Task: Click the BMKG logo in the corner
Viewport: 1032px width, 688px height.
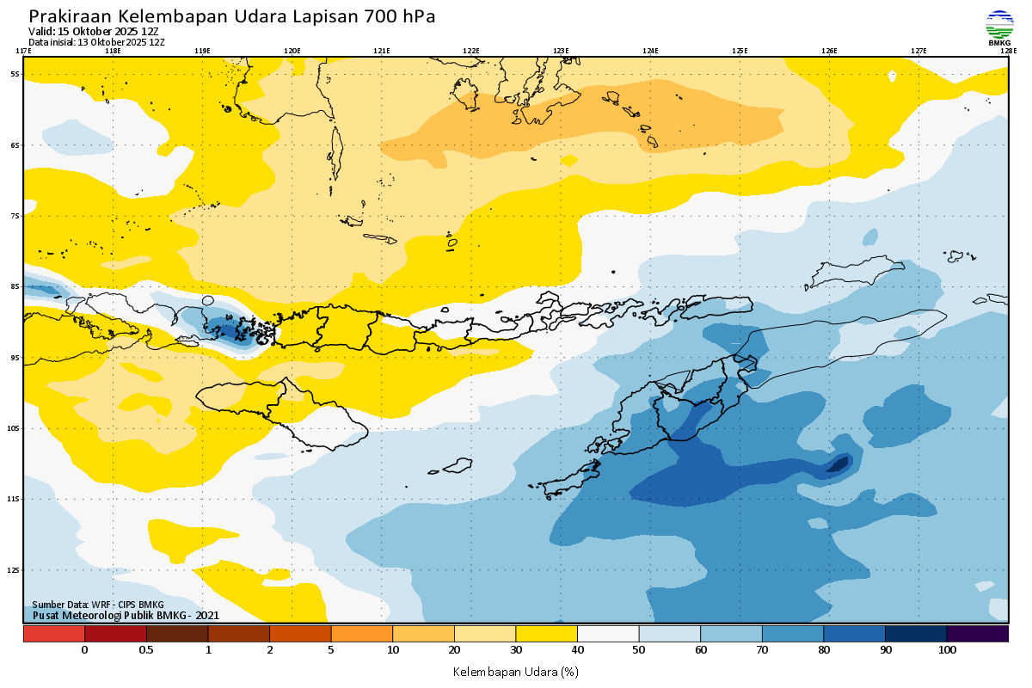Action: point(999,27)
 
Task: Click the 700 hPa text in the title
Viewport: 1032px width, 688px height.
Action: point(400,16)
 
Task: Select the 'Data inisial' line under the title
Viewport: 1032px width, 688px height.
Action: point(96,41)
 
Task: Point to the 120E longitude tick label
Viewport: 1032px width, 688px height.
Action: point(292,51)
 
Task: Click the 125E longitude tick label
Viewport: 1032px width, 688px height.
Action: point(740,51)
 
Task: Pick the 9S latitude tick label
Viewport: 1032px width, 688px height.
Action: point(15,357)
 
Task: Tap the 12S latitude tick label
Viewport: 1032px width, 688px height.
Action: point(15,569)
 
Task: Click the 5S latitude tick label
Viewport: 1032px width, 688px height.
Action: point(15,74)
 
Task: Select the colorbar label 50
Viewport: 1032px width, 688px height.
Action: point(639,650)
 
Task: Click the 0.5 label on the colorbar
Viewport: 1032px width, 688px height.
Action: point(146,650)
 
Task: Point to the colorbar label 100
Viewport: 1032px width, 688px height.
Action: point(947,650)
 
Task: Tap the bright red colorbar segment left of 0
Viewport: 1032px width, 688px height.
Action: point(54,634)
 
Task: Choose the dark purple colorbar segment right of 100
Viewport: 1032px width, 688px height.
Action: point(977,634)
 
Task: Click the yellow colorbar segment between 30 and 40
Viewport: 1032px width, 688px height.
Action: point(546,634)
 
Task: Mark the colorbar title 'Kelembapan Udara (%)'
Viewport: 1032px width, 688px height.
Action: point(516,671)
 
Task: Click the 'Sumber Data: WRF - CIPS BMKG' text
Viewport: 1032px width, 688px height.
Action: point(98,605)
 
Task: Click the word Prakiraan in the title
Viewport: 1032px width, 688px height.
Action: point(70,16)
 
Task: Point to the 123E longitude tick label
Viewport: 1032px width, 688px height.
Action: point(561,51)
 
